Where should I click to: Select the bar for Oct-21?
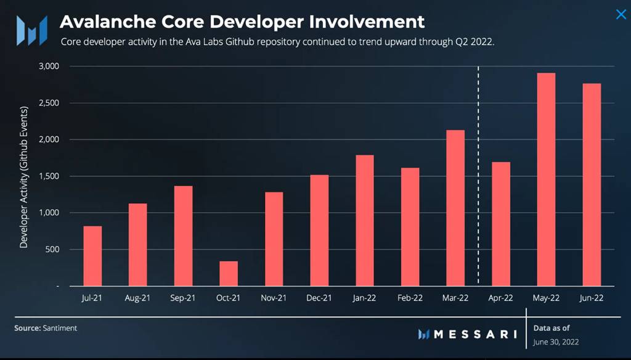point(229,274)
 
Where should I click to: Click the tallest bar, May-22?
point(546,179)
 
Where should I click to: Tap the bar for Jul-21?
point(92,256)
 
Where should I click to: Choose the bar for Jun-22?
point(592,185)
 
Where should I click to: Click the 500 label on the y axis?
point(51,250)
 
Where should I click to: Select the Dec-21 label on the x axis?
point(319,298)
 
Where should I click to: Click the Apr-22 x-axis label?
point(500,298)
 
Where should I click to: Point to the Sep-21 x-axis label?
point(183,298)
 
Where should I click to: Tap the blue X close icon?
point(621,14)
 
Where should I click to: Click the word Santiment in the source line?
point(60,329)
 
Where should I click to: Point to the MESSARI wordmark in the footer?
point(475,334)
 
